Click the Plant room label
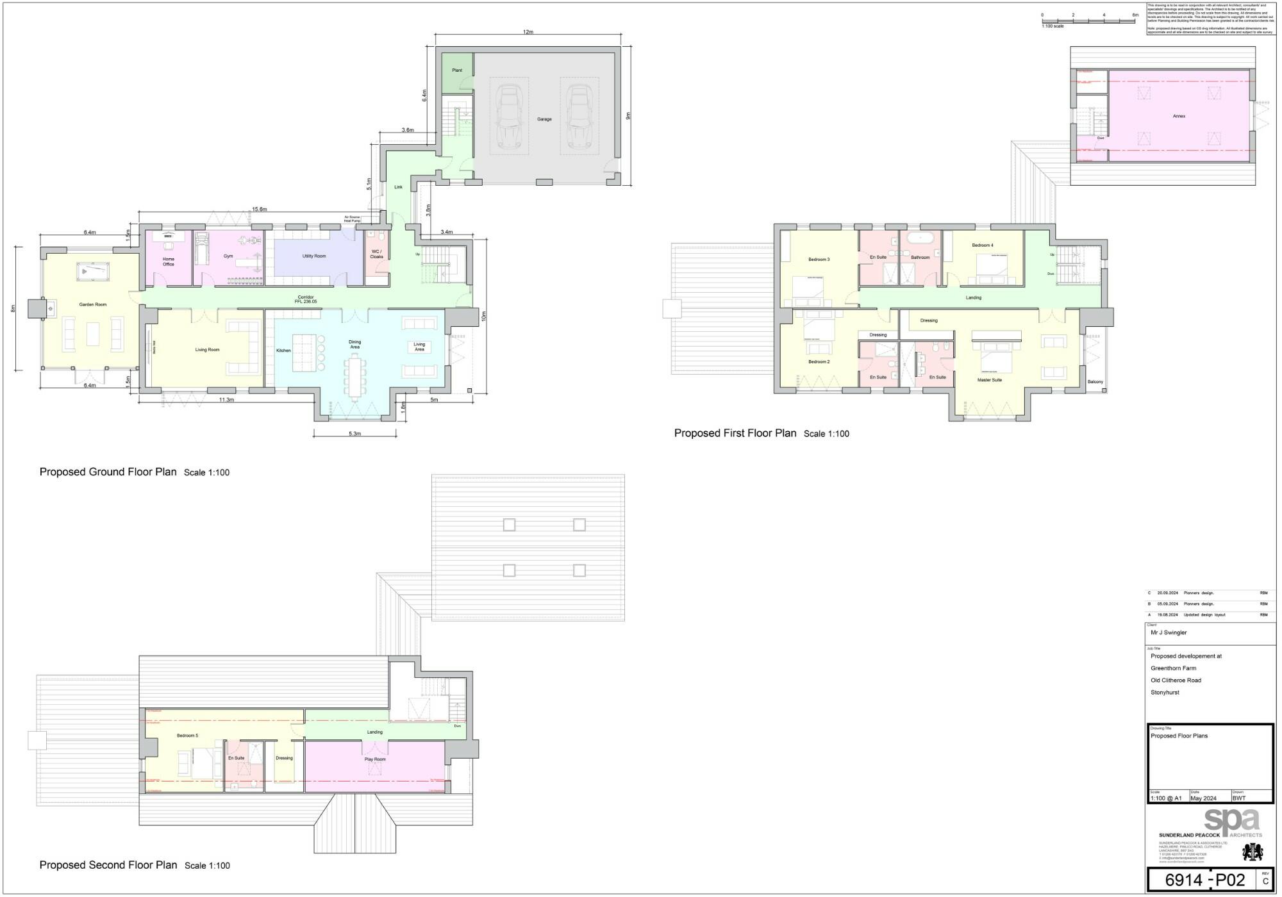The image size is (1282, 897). (457, 70)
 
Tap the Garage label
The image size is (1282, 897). (544, 119)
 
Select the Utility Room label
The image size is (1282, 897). (314, 256)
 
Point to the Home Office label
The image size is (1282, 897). (169, 261)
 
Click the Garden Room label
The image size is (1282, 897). (93, 304)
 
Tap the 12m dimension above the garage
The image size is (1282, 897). (528, 32)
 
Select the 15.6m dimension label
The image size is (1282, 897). (260, 210)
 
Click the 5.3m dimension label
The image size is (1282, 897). (354, 434)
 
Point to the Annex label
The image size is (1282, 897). (1179, 116)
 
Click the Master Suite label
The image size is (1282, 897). (989, 380)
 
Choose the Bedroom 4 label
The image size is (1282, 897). (982, 245)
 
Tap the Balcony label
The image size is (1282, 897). (1095, 382)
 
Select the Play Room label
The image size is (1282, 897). (375, 759)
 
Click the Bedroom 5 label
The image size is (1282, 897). (187, 736)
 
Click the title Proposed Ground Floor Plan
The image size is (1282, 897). (108, 472)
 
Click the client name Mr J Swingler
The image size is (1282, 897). (1169, 632)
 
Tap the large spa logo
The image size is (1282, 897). (1232, 822)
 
